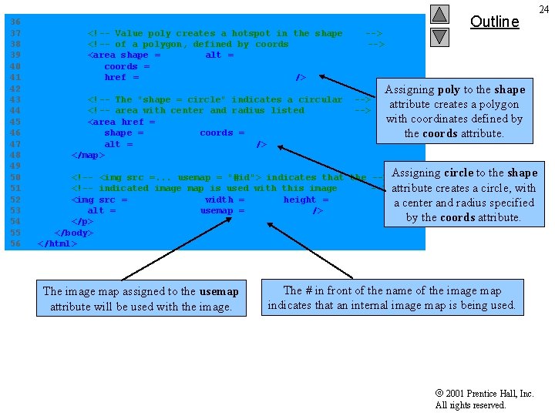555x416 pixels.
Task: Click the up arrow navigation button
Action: pyautogui.click(x=439, y=14)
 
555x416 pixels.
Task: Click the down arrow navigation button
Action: pyautogui.click(x=439, y=36)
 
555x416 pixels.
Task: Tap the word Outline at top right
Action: pyautogui.click(x=494, y=22)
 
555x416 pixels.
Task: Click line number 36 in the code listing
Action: pyautogui.click(x=15, y=22)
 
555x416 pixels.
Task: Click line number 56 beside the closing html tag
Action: pyautogui.click(x=15, y=244)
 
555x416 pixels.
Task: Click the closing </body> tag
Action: pyautogui.click(x=74, y=233)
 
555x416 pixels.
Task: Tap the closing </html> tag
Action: pyautogui.click(x=58, y=244)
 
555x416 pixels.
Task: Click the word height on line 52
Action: pyautogui.click(x=299, y=200)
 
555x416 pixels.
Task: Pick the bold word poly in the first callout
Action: pyautogui.click(x=449, y=90)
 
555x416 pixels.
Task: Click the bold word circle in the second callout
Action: pyautogui.click(x=459, y=173)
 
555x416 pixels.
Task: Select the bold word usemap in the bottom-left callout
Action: pyautogui.click(x=219, y=291)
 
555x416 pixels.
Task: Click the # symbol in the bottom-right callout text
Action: pyautogui.click(x=309, y=290)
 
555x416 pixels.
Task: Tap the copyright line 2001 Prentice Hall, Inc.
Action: pyautogui.click(x=485, y=394)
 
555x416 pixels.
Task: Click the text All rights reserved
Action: pyautogui.click(x=470, y=405)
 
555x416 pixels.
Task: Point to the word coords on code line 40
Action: pyautogui.click(x=120, y=66)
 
